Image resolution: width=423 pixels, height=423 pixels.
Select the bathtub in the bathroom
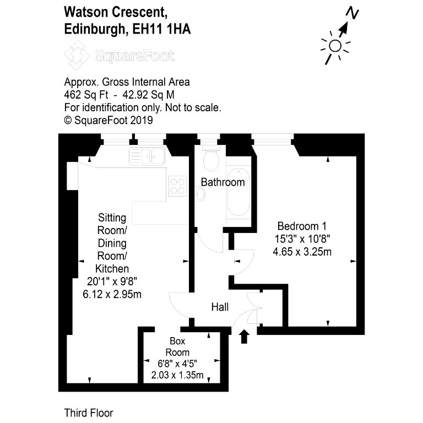click(x=238, y=192)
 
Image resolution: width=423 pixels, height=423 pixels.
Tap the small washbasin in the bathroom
click(x=200, y=194)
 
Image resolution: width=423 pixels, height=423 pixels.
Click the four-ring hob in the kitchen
click(x=177, y=186)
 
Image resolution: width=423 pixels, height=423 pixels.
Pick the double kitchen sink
click(x=147, y=156)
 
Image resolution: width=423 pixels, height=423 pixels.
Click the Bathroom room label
click(x=223, y=182)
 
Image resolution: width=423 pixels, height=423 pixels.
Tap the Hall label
click(x=220, y=307)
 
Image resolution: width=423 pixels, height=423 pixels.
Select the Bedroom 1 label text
click(x=302, y=226)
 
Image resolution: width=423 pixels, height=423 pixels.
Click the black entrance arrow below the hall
click(x=244, y=337)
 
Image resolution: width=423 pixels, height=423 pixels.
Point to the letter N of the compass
click(x=352, y=13)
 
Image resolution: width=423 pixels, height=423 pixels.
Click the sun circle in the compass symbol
click(x=335, y=46)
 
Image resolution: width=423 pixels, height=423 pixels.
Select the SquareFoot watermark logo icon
click(x=77, y=55)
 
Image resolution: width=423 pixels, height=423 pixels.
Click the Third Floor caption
click(x=89, y=413)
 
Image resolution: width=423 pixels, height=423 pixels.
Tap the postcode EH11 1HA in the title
click(x=161, y=29)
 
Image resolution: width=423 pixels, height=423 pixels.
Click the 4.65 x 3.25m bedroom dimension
click(x=302, y=252)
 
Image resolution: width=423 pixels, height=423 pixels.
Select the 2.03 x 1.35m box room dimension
click(x=177, y=375)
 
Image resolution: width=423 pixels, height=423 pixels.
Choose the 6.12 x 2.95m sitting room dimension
click(x=112, y=294)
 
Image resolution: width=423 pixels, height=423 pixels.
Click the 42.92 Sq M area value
click(x=148, y=95)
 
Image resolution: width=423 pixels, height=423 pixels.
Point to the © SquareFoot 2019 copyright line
click(x=109, y=120)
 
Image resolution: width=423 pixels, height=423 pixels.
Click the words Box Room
click(x=177, y=346)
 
